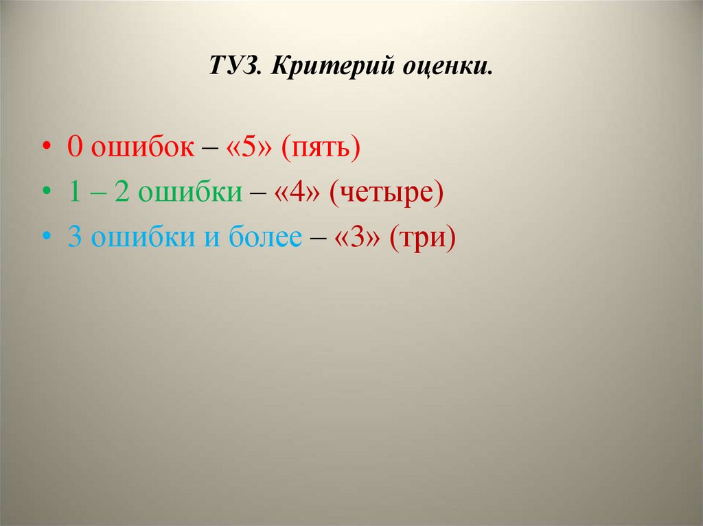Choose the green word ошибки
[190, 193]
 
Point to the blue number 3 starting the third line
[74, 237]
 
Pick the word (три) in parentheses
[423, 237]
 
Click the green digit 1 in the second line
[74, 193]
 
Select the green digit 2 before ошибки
[122, 193]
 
